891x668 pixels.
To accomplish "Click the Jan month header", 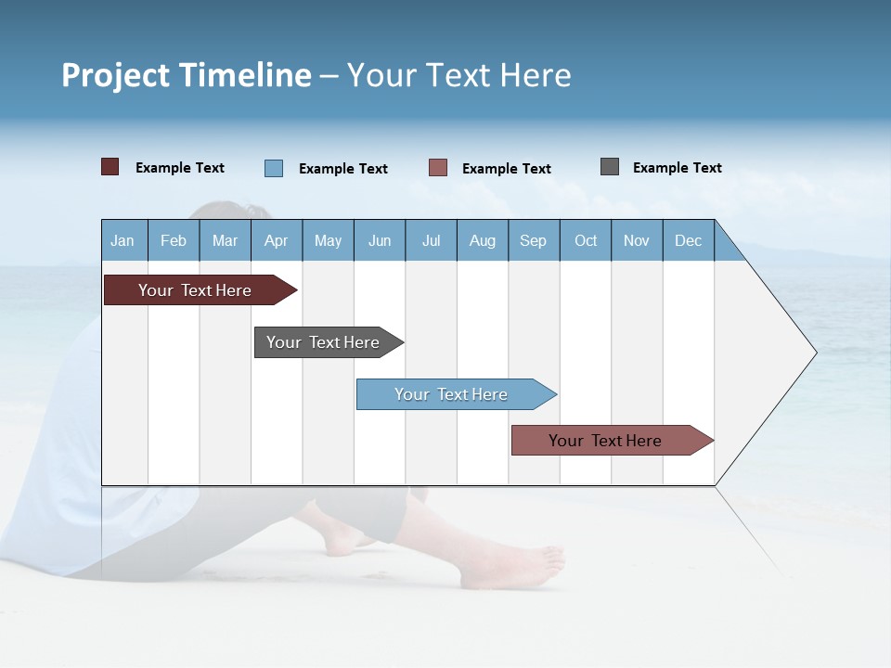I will pos(123,241).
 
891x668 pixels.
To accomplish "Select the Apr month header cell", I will pos(277,241).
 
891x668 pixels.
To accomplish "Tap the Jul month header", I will pos(431,241).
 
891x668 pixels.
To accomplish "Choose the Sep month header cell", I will pos(534,241).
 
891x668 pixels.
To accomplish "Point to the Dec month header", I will pos(688,241).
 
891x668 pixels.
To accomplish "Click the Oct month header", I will pos(586,241).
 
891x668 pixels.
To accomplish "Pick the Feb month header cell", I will pos(174,241).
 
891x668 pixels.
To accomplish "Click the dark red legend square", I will pos(110,167).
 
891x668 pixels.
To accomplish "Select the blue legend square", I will pos(274,168).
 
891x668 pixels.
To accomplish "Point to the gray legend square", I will pos(610,167).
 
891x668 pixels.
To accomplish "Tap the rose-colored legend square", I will pos(438,168).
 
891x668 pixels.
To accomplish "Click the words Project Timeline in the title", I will pos(187,75).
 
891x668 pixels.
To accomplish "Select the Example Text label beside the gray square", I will pos(677,168).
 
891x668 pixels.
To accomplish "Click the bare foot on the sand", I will pos(515,566).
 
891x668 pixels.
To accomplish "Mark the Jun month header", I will pos(380,241).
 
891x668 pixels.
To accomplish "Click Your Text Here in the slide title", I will pos(459,75).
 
